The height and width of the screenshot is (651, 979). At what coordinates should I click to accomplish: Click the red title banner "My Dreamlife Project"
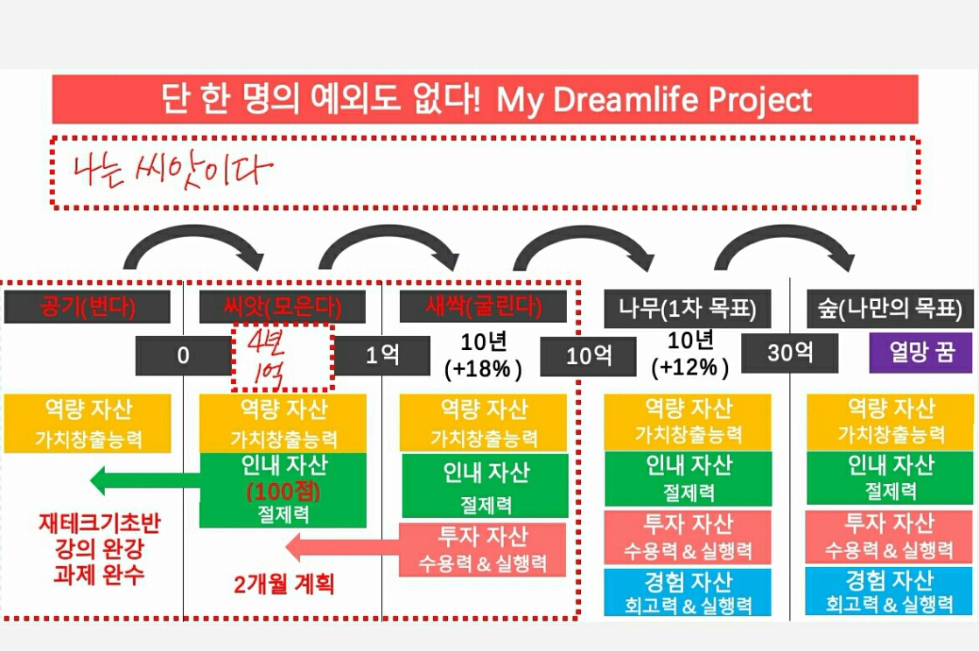click(486, 99)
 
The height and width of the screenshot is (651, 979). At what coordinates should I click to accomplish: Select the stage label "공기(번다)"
click(87, 306)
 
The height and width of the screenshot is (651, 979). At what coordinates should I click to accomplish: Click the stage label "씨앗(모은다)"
click(283, 306)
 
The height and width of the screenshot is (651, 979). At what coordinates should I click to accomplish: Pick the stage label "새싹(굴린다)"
click(483, 306)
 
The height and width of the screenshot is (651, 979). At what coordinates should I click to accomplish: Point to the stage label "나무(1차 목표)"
click(688, 308)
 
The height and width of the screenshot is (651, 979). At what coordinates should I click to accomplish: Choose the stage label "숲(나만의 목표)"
click(890, 308)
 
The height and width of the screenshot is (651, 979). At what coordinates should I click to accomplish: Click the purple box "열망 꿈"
click(921, 353)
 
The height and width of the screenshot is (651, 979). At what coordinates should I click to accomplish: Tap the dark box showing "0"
click(183, 356)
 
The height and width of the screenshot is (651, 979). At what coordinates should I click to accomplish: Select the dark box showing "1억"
click(382, 356)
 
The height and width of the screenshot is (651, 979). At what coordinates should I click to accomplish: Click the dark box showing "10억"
click(588, 356)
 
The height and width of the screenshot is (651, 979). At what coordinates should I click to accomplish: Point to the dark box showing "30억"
click(790, 353)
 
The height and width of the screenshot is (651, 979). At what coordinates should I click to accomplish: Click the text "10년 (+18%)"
click(483, 355)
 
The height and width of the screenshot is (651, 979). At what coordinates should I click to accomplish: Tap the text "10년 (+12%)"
click(690, 353)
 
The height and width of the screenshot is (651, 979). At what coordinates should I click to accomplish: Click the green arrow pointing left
click(145, 480)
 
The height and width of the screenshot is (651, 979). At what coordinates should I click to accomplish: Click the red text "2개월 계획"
click(284, 584)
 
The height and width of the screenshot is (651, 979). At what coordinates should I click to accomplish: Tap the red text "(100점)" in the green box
click(283, 492)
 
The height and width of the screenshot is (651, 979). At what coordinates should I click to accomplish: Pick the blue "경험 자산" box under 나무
click(688, 591)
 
